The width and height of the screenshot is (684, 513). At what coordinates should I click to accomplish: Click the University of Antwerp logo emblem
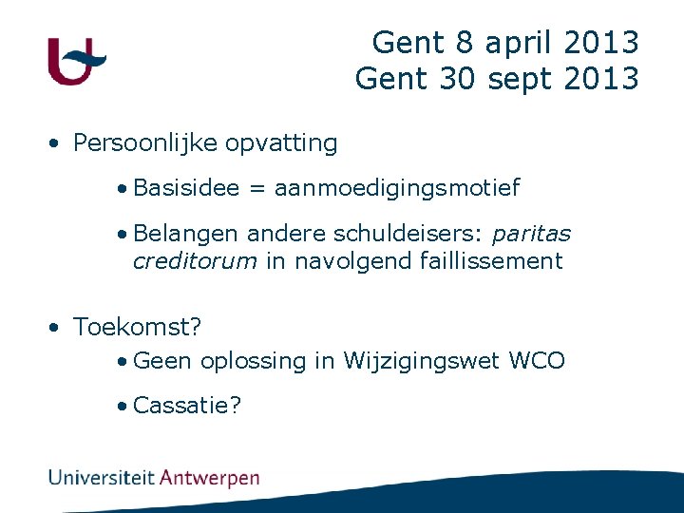76,61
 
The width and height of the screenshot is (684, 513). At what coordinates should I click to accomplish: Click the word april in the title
521,43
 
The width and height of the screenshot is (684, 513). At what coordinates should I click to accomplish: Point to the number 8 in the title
463,43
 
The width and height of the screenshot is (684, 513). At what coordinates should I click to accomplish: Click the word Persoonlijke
146,143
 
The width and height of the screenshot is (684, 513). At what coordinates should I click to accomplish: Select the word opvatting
281,143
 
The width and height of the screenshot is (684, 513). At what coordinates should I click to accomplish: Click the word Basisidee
186,188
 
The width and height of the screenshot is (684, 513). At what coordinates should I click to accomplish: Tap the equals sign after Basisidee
256,189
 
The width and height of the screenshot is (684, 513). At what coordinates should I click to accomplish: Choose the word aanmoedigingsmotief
397,188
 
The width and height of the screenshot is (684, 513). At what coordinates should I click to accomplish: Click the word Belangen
186,234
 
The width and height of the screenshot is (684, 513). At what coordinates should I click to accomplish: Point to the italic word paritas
531,234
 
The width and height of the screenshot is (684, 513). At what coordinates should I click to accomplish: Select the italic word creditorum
195,261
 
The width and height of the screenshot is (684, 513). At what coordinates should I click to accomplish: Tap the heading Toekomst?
138,328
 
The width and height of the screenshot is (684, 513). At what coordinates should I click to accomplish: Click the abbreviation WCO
537,361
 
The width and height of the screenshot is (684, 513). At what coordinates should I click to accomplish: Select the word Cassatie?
187,406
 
